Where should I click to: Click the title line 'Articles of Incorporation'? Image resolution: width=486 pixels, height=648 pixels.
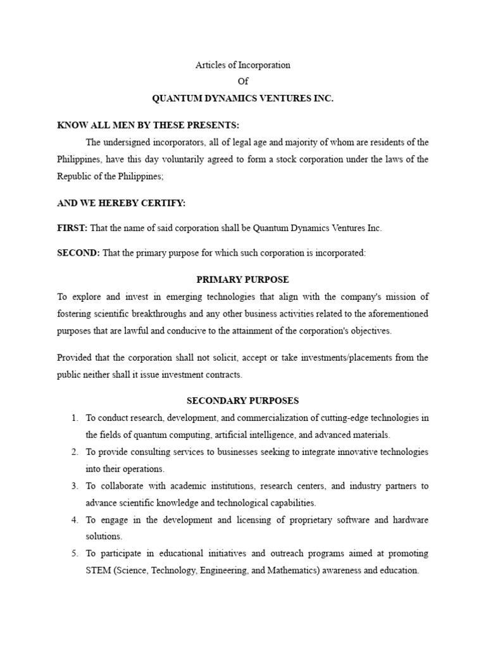(243, 65)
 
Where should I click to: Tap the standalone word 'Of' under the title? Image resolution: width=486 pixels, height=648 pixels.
(243, 82)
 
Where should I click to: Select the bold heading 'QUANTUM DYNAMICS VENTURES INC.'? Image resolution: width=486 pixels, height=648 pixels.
(243, 99)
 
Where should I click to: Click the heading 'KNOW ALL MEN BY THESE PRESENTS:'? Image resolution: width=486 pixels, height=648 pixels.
(148, 125)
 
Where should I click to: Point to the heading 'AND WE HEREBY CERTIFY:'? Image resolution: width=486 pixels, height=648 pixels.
(121, 202)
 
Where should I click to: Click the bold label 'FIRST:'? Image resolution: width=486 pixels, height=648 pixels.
(72, 228)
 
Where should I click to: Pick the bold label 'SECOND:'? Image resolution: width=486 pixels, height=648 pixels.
(78, 253)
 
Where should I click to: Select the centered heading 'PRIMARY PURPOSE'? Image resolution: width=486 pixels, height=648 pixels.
(243, 279)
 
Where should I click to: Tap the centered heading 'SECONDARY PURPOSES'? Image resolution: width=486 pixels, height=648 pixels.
(243, 401)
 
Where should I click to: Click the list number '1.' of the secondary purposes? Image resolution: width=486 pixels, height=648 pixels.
(74, 418)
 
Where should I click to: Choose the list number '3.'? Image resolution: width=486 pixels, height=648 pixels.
(74, 486)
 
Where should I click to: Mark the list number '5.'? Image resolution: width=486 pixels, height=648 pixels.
(74, 554)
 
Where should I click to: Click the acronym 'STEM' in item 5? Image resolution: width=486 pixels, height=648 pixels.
(99, 571)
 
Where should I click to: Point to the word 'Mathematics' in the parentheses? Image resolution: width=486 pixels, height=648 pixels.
(297, 571)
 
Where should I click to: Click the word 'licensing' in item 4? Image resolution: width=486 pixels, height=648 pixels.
(253, 520)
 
